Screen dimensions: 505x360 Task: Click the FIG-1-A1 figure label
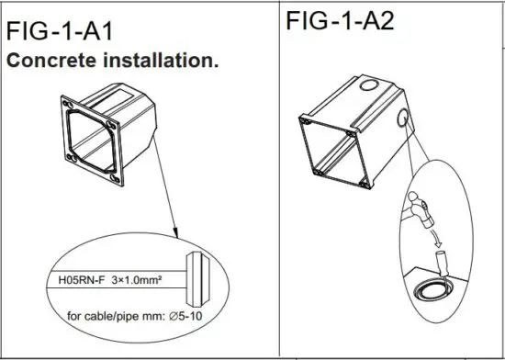click(60, 35)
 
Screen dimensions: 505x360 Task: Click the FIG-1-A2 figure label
click(340, 20)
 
